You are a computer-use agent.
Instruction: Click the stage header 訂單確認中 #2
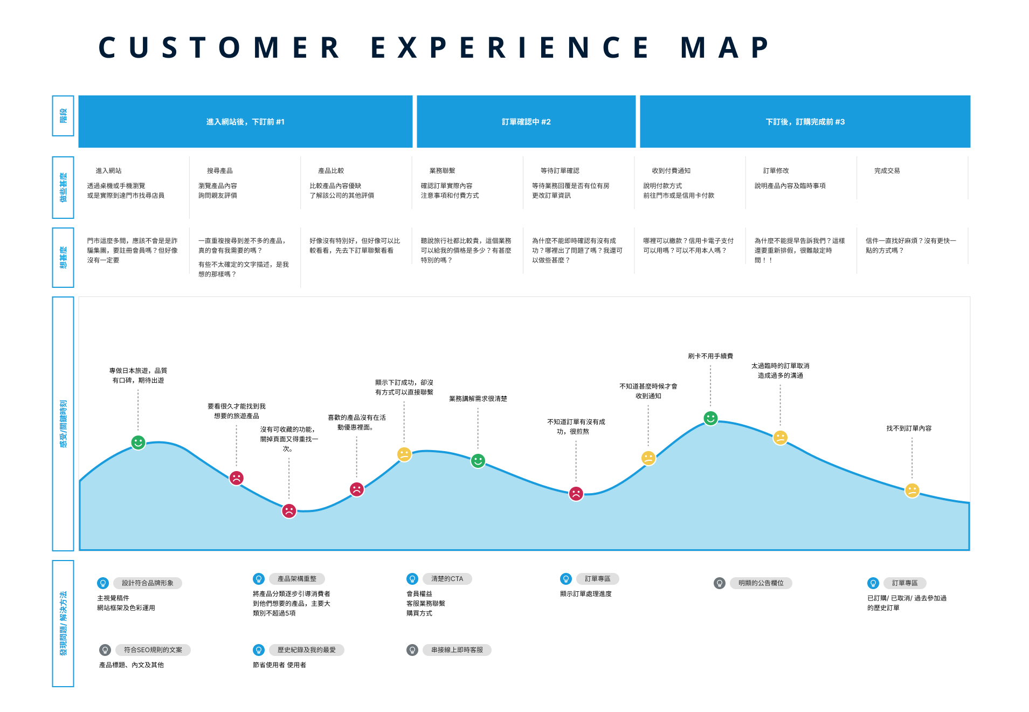click(526, 122)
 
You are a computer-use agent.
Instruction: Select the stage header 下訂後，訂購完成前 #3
click(805, 122)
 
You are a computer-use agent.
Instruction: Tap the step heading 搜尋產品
click(219, 171)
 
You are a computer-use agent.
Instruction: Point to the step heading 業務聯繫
click(442, 171)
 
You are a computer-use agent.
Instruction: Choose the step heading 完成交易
click(887, 171)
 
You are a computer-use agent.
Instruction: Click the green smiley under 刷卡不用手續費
click(710, 418)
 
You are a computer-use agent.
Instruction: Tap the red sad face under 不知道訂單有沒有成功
click(576, 493)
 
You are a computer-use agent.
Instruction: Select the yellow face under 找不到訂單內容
click(911, 490)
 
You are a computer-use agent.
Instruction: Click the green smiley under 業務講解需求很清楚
click(478, 461)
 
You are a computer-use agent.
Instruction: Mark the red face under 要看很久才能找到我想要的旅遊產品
click(236, 478)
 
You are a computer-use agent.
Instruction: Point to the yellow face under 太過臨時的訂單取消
click(780, 438)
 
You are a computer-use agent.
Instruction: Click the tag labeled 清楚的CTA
click(447, 579)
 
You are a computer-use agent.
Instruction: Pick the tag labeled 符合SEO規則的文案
click(153, 650)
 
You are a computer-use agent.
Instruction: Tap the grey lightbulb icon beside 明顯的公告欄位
click(719, 583)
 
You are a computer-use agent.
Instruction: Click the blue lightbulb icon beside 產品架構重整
click(259, 579)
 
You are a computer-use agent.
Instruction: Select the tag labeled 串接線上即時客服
click(457, 650)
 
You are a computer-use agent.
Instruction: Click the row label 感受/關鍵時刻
click(63, 424)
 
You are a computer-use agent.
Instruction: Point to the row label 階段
click(63, 116)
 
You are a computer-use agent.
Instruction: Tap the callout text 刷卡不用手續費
click(710, 356)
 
